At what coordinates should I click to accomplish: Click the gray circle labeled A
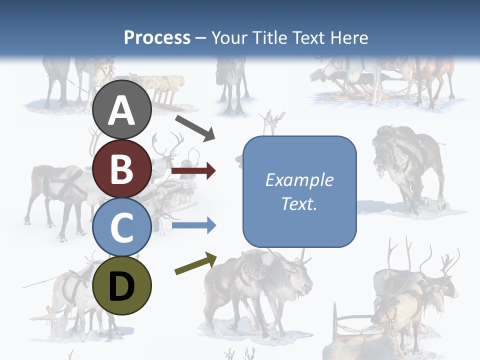122,109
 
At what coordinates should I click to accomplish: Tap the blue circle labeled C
122,227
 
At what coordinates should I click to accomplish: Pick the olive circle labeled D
122,285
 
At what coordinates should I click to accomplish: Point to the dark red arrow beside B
193,171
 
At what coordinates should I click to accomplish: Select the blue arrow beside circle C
193,225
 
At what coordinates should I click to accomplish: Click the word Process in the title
157,37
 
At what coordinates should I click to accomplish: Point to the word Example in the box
299,180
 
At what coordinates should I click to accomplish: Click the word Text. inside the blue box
299,203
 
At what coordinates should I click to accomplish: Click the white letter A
122,110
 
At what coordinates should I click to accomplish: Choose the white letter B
122,169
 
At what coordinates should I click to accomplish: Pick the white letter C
122,227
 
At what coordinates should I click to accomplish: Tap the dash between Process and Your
201,38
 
